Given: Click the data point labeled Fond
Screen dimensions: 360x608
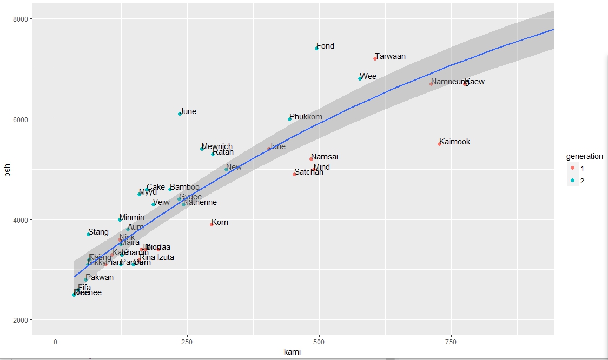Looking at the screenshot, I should click(317, 49).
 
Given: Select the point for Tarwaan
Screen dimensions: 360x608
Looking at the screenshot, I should click(375, 58).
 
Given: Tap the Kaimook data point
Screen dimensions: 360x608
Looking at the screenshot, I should click(439, 144).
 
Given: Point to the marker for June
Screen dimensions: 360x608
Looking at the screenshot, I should click(180, 114).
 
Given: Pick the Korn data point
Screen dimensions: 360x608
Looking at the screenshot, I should click(212, 224).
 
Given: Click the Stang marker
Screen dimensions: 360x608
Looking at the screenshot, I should click(88, 234).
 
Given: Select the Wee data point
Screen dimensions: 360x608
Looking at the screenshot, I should click(360, 78).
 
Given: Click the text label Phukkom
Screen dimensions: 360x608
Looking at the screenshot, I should click(306, 117).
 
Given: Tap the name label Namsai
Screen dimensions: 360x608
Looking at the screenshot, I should click(325, 157).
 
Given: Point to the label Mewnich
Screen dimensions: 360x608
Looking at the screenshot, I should click(217, 146).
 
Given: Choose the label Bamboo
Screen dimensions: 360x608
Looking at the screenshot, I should click(184, 187).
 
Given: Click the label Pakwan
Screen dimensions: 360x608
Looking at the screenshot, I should click(100, 277).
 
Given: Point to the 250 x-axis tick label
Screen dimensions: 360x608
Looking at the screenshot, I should click(187, 343).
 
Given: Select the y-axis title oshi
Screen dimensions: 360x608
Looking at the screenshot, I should click(8, 169).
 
